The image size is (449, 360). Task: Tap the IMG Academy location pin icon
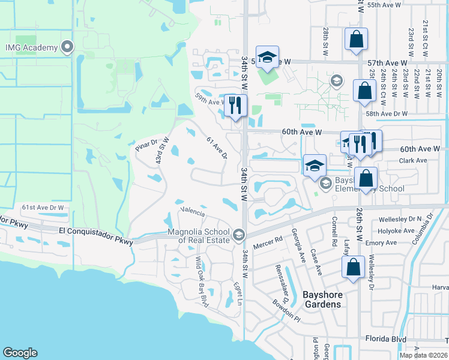point(67,47)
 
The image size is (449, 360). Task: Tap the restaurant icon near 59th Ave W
point(235,106)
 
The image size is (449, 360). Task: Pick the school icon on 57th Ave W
point(268,58)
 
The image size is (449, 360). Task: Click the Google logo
point(20,353)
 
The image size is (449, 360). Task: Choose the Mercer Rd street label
point(270,242)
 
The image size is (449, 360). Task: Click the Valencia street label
point(193,212)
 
